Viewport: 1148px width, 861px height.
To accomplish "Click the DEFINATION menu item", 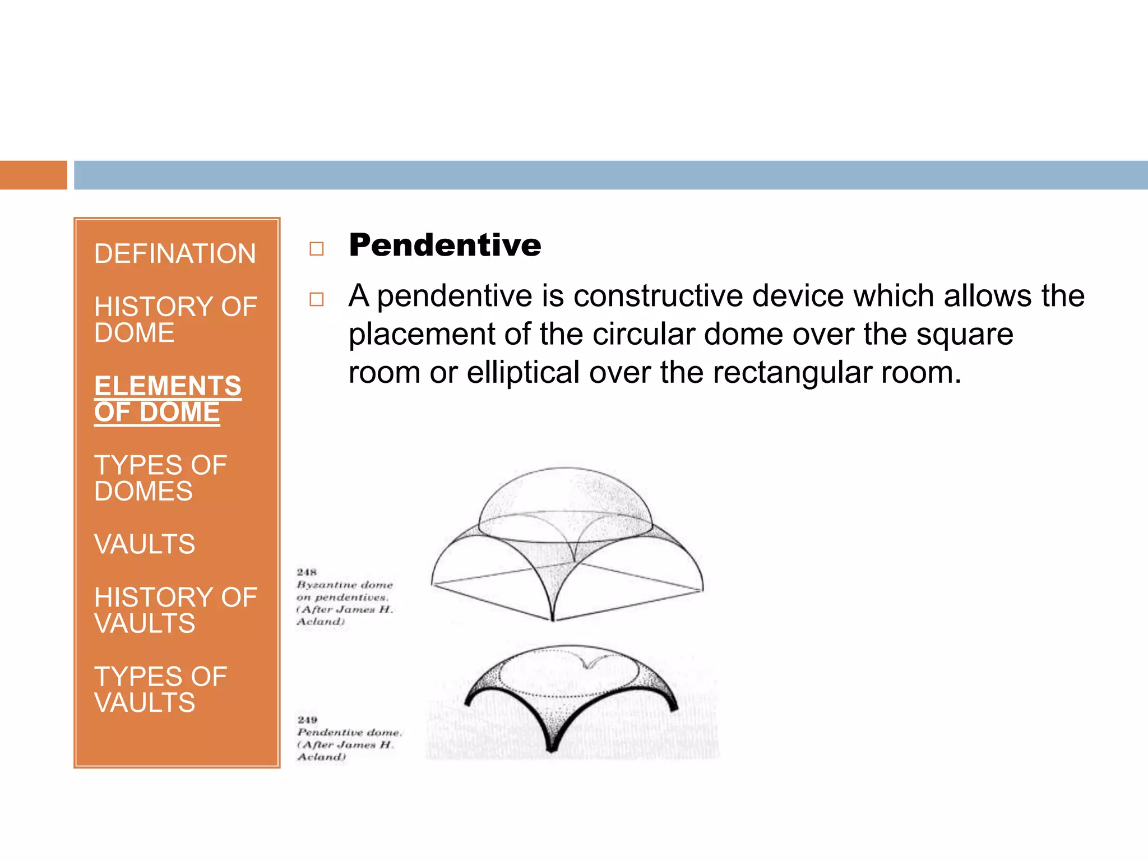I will point(175,254).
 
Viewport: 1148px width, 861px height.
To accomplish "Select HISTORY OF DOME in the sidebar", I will point(175,320).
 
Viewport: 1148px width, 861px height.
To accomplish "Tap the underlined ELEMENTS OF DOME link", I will point(167,399).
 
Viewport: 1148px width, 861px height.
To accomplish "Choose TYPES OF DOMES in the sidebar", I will point(160,478).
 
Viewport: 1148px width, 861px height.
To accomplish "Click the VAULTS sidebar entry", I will point(145,544).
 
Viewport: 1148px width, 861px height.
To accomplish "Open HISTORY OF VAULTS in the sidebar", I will point(175,610).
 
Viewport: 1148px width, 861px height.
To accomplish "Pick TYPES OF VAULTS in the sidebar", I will point(160,689).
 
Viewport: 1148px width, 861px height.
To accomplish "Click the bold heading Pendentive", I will point(445,246).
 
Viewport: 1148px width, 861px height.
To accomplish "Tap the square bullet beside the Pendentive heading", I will point(317,248).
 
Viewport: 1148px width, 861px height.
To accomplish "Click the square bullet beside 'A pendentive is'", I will point(317,299).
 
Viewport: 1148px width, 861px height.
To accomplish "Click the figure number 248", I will point(307,572).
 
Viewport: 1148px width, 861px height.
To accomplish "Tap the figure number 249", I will point(307,720).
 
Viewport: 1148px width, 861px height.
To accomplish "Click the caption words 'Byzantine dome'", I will point(345,585).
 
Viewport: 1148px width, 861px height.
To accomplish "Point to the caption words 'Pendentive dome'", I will point(349,733).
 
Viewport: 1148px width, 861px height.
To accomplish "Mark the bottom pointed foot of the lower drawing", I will point(552,748).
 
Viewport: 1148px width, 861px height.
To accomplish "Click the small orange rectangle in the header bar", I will point(33,175).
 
